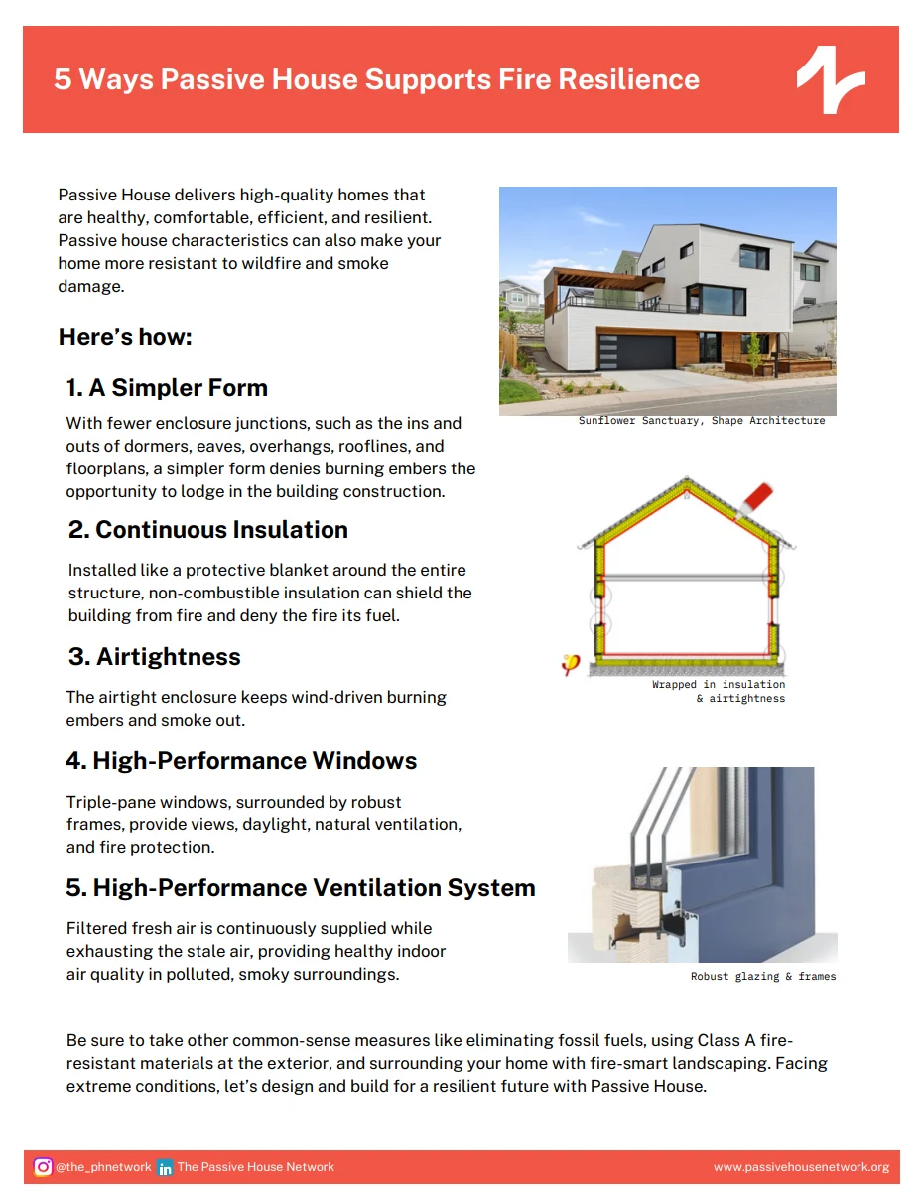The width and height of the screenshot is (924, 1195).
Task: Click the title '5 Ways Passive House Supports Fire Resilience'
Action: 376,79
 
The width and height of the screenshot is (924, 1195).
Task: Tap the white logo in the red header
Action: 831,78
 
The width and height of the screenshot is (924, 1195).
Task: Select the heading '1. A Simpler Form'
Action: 167,387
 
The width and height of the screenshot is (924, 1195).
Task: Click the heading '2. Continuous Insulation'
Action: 207,530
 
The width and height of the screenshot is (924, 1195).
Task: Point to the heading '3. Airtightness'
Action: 154,657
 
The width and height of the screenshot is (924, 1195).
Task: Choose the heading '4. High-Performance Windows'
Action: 241,761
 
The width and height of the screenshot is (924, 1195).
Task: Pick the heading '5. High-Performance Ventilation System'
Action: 300,888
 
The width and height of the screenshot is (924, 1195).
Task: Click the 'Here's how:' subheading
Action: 125,337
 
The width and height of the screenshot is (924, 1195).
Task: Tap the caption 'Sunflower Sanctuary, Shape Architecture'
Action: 701,421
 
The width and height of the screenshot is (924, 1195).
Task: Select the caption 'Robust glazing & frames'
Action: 762,977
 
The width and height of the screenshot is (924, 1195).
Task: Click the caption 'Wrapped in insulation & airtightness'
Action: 719,692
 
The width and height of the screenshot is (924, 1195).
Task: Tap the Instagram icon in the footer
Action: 43,1167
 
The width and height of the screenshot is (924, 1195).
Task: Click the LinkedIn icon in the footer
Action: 165,1167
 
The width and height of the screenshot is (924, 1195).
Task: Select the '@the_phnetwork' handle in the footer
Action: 103,1167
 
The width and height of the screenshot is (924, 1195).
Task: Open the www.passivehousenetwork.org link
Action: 801,1167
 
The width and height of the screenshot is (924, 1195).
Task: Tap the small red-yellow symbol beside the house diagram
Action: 570,665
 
